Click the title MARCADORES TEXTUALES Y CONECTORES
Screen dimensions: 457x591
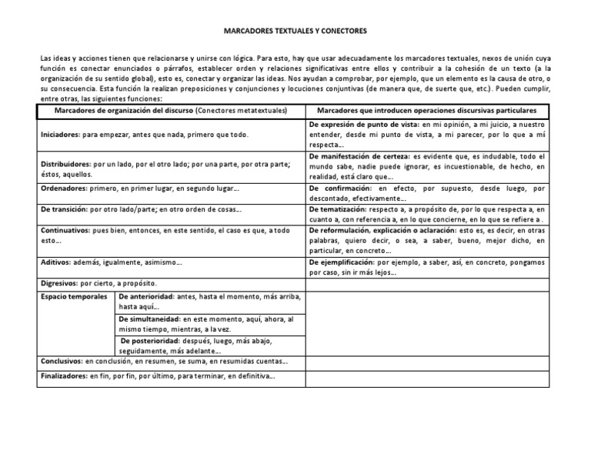tap(295, 32)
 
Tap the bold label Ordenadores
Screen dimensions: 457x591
tap(63, 188)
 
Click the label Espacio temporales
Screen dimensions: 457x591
tap(74, 296)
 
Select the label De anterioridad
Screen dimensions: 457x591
tap(146, 296)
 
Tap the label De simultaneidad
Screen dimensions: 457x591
tap(149, 318)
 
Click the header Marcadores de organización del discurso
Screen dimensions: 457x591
tap(124, 111)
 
